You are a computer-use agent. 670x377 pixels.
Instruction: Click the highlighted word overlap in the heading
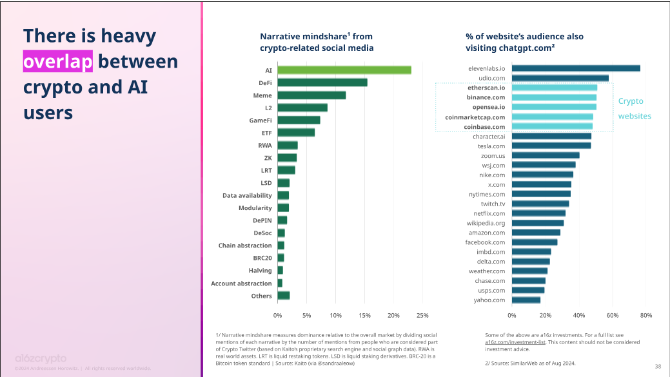click(x=58, y=62)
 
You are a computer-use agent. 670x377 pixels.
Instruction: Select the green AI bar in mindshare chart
click(x=344, y=70)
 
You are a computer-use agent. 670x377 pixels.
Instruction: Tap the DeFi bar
click(x=322, y=82)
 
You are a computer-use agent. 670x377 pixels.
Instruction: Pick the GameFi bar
click(x=299, y=120)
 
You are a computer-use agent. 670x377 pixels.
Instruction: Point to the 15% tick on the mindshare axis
click(x=364, y=315)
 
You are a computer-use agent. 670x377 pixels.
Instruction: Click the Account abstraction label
click(x=241, y=284)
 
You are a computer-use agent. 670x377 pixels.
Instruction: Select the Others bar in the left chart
click(x=283, y=296)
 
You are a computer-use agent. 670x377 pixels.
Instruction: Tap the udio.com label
click(x=491, y=78)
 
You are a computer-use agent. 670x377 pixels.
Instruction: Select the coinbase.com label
click(x=484, y=127)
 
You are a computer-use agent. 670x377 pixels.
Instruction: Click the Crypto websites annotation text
click(x=635, y=108)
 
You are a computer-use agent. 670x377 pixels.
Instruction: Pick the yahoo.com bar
click(x=526, y=300)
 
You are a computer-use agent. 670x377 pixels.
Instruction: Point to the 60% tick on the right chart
click(x=613, y=315)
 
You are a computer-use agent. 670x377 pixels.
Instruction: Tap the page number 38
click(x=658, y=366)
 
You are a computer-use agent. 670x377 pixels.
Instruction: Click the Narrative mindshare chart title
click(x=317, y=42)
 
